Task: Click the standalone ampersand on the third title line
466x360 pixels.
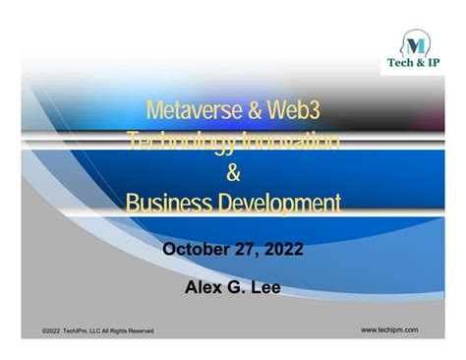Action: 233,173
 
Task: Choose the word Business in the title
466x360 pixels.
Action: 169,204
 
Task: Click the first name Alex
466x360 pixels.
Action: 203,287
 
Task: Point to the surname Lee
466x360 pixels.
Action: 265,287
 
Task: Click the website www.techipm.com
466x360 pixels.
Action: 390,330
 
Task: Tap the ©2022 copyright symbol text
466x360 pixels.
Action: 55,330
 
